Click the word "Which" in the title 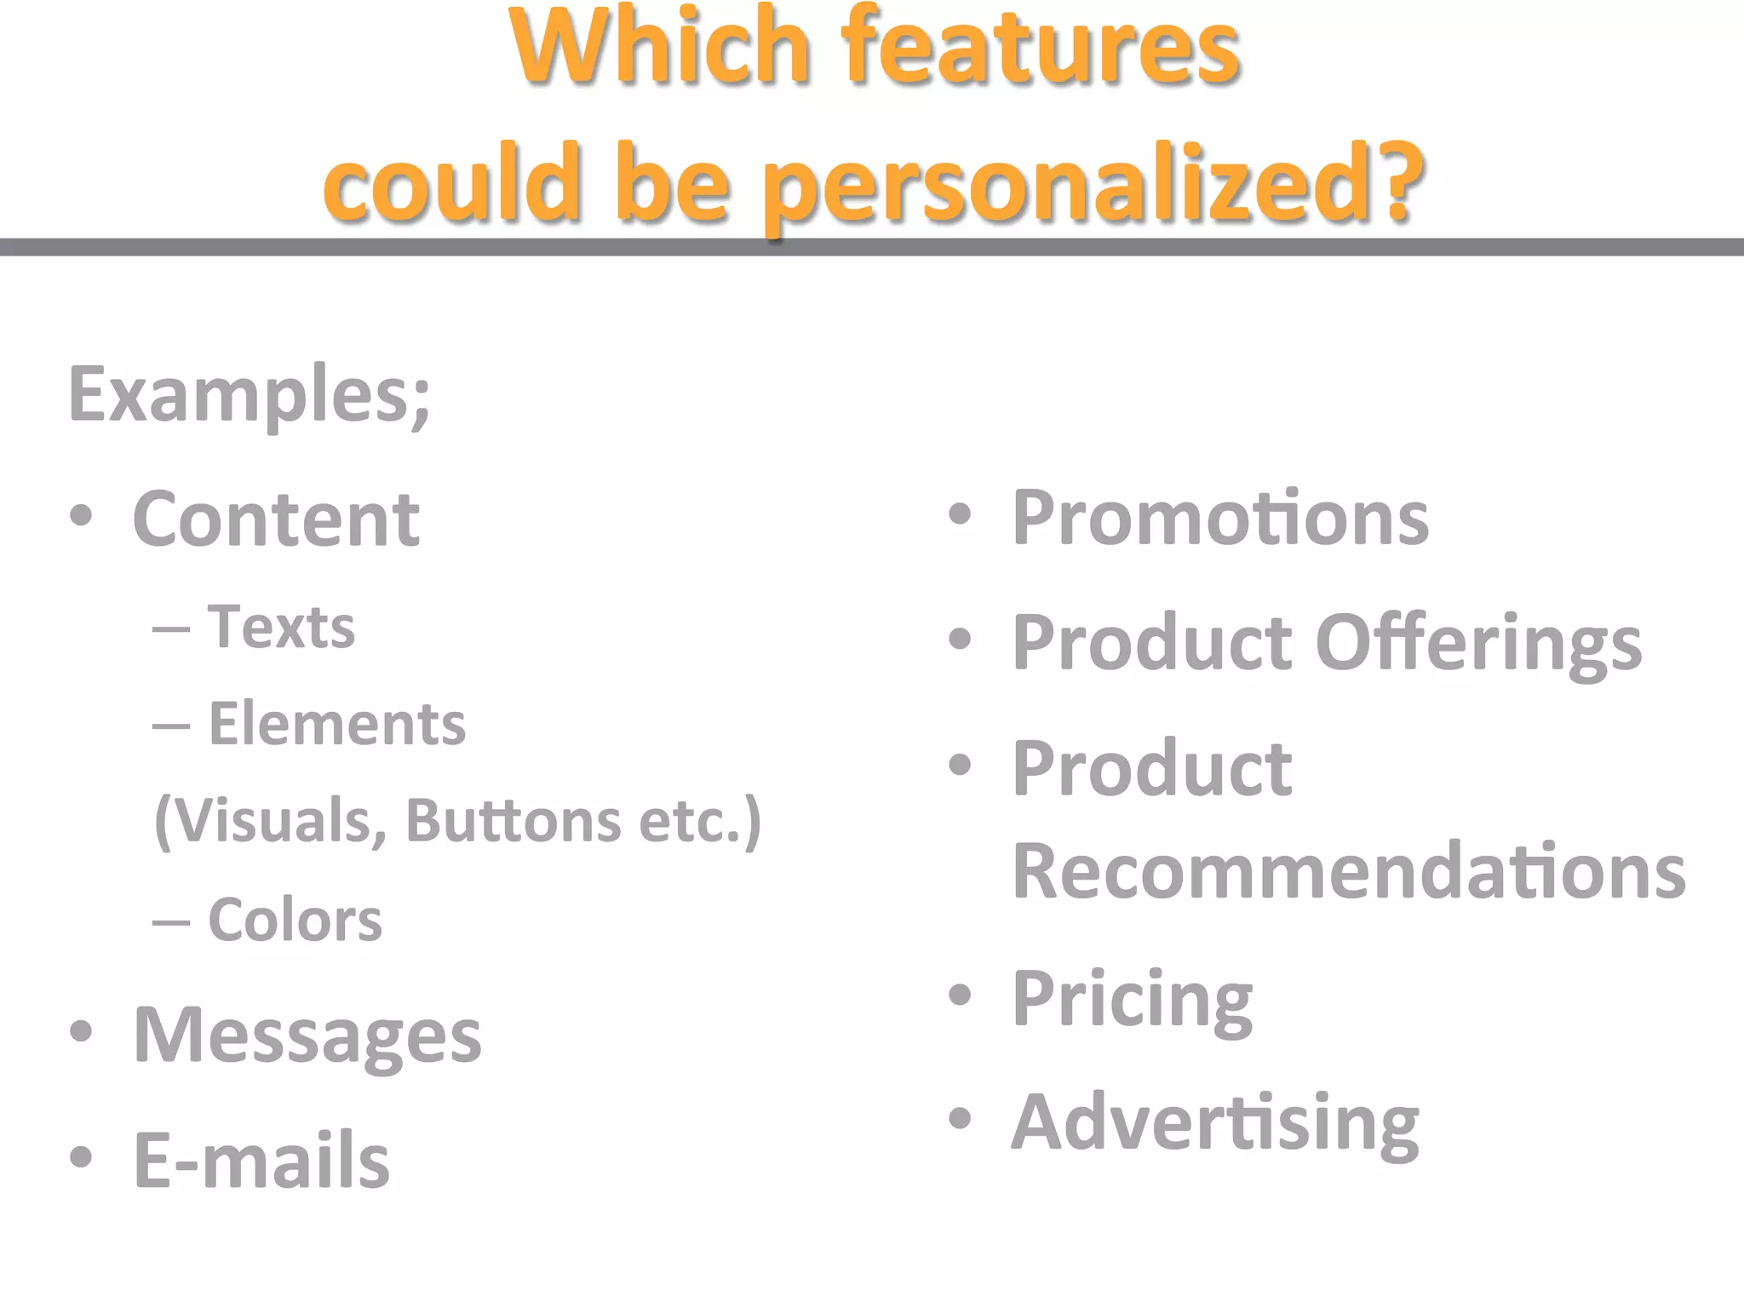click(x=659, y=47)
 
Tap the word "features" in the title click(x=1040, y=47)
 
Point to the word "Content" click(x=276, y=519)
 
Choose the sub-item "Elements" click(x=337, y=725)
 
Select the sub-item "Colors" click(x=295, y=920)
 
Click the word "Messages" click(x=307, y=1035)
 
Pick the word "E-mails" click(x=261, y=1160)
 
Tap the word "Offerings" click(x=1478, y=643)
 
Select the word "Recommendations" click(x=1349, y=871)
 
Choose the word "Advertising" click(x=1215, y=1123)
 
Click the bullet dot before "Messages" click(x=81, y=1033)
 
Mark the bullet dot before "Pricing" click(x=960, y=995)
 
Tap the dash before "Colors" click(x=171, y=922)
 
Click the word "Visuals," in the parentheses click(x=272, y=821)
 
